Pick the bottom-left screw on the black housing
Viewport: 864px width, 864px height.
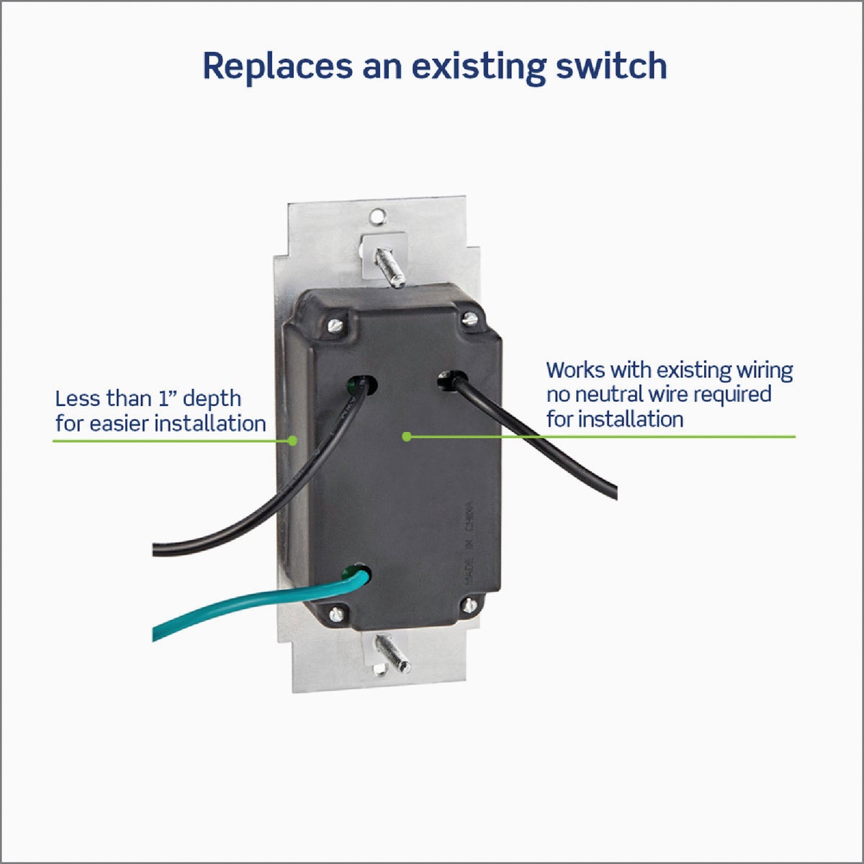click(x=336, y=614)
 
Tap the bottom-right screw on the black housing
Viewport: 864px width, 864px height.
click(x=470, y=606)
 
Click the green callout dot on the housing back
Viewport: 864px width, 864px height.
click(x=406, y=436)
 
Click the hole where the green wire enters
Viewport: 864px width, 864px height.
click(x=358, y=575)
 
